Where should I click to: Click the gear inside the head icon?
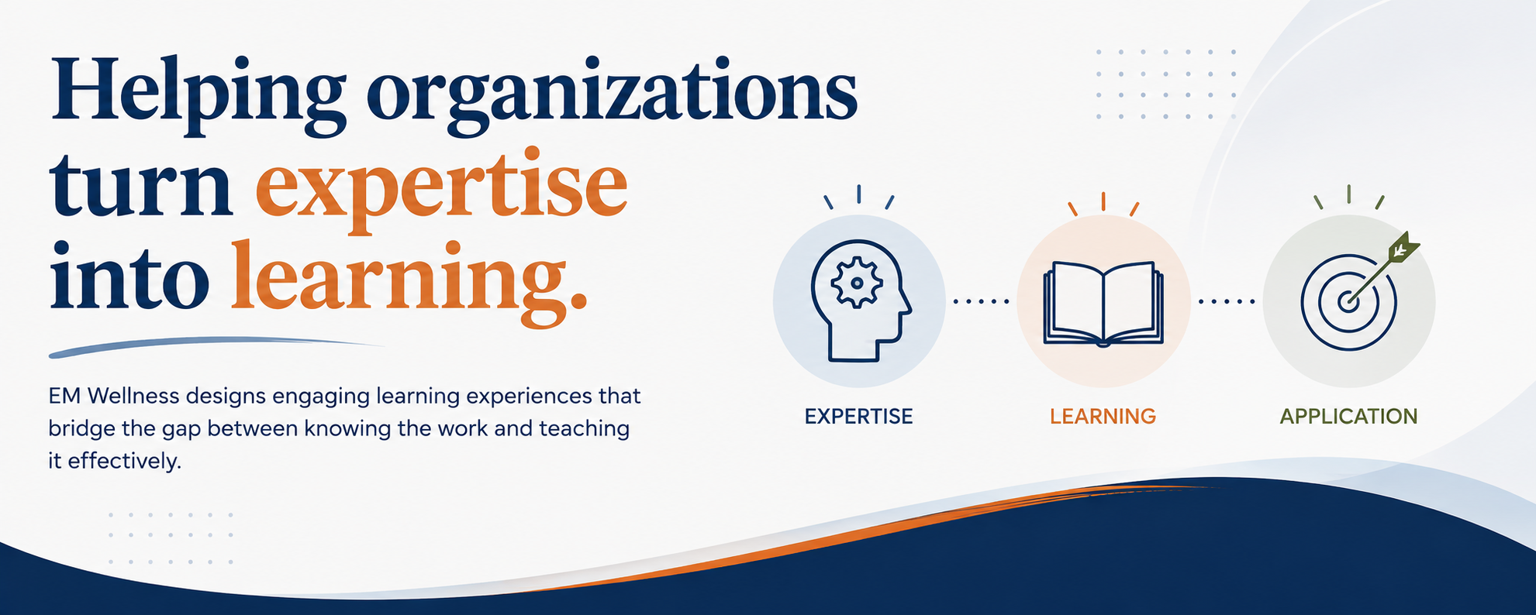point(856,283)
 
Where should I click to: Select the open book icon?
point(1103,303)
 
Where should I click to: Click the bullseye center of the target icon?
point(1348,301)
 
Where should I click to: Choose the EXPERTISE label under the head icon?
point(858,417)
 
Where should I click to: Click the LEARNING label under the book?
point(1103,417)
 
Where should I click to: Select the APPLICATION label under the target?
point(1348,417)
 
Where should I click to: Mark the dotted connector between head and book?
point(981,301)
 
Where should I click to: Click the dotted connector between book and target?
point(1227,301)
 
